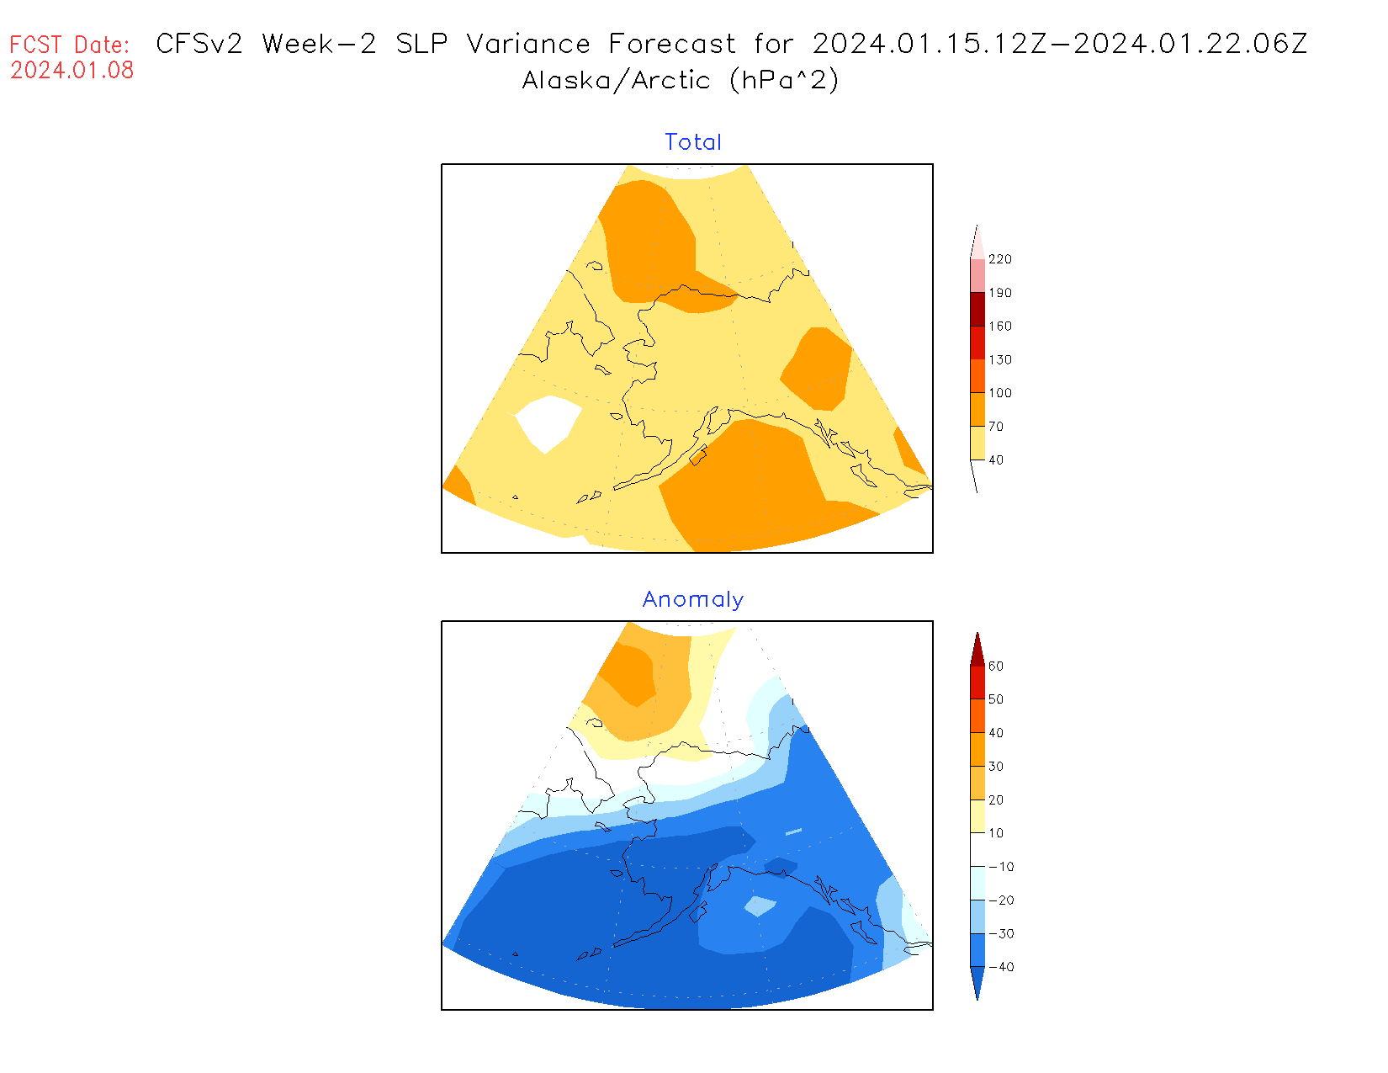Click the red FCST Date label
70,45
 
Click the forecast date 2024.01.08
72,71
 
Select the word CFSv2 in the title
199,44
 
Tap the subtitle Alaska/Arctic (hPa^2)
681,81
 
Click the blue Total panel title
693,142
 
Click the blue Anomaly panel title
693,599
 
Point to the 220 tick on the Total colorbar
1000,259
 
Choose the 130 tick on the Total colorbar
1000,359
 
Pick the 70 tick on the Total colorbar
996,427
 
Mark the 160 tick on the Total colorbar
1000,326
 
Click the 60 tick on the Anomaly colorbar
996,666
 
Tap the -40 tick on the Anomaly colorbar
1000,967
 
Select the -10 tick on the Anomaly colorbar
1000,867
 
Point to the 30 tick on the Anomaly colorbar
996,767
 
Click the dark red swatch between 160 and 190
977,309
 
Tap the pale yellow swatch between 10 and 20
977,816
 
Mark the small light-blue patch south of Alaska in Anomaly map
760,906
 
